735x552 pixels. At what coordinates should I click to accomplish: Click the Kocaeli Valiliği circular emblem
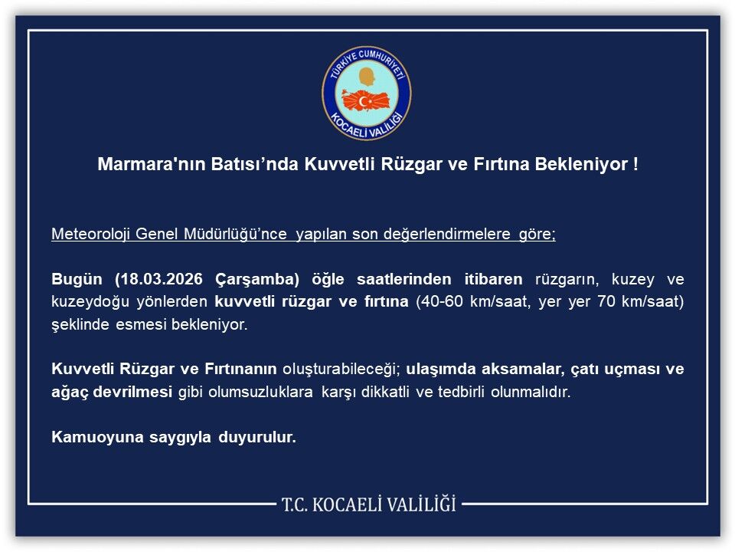[x=367, y=93]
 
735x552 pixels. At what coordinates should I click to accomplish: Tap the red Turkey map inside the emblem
[x=367, y=100]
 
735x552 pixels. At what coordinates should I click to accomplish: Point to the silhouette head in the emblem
[x=367, y=77]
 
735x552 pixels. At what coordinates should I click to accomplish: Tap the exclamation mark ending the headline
[x=635, y=165]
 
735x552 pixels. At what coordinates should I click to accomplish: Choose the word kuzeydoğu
[x=87, y=301]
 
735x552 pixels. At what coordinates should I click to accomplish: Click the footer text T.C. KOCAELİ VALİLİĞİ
[x=368, y=504]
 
